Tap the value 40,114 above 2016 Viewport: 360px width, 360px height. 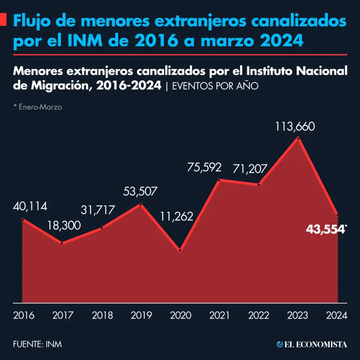30,207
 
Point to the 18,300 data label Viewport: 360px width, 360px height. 64,225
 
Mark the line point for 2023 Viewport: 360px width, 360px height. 299,138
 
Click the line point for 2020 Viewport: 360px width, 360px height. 180,251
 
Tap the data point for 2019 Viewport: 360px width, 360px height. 141,204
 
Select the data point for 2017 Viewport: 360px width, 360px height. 62,243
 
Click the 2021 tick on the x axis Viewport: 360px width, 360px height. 219,315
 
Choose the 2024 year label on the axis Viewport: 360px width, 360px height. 336,315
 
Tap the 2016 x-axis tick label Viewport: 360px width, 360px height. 23,315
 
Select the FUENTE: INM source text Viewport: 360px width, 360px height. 37,345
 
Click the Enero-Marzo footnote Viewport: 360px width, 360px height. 38,107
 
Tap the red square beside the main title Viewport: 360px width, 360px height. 3,20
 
